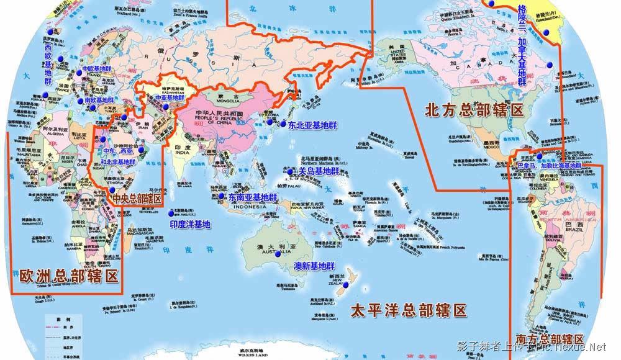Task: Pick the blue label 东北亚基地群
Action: click(x=308, y=124)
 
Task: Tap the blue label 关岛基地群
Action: click(x=319, y=171)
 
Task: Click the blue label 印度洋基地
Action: click(x=189, y=223)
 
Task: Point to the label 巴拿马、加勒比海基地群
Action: click(x=548, y=166)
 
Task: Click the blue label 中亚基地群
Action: click(x=169, y=98)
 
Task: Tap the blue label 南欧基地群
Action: click(x=99, y=99)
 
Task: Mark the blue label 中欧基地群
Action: click(x=97, y=70)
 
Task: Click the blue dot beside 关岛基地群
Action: click(x=291, y=171)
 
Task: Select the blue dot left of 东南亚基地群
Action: click(x=221, y=196)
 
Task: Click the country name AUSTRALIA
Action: click(x=274, y=254)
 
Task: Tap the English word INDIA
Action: click(x=181, y=153)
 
